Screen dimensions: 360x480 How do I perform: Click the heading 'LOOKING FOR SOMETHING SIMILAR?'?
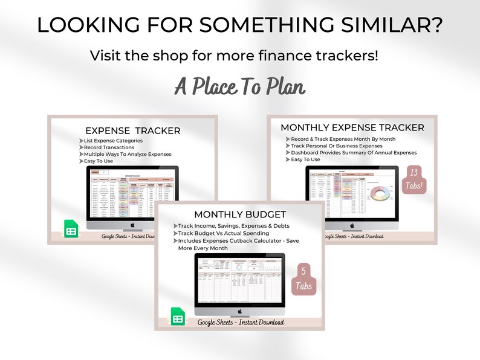(x=240, y=25)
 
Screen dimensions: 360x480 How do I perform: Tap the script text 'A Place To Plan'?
(x=240, y=86)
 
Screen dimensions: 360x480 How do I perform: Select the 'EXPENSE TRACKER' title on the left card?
(x=132, y=130)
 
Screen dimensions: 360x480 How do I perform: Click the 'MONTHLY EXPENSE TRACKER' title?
(x=352, y=127)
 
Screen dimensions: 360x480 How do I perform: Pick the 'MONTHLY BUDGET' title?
(x=240, y=214)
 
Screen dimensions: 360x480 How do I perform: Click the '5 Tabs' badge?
(x=304, y=279)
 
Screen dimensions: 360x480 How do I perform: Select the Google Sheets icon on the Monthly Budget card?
(x=178, y=318)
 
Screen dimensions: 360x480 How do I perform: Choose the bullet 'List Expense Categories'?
(x=114, y=141)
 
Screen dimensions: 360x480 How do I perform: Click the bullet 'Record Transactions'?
(x=109, y=147)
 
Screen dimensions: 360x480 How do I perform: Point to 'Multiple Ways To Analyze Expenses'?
(x=128, y=154)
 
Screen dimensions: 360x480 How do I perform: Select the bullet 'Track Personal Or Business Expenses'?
(x=337, y=146)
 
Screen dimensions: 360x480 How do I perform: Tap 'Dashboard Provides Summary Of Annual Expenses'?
(x=354, y=152)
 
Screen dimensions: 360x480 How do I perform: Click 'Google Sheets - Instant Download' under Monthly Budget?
(x=241, y=323)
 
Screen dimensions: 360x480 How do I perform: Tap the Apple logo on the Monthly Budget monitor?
(x=239, y=312)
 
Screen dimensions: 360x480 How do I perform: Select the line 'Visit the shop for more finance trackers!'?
(x=234, y=56)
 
